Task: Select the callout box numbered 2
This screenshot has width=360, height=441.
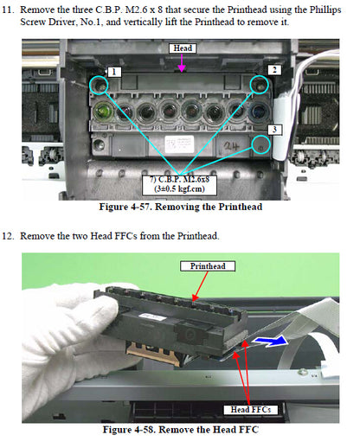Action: coord(273,69)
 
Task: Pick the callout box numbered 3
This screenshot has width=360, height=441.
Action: coord(273,130)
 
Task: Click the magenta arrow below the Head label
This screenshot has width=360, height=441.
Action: coord(182,64)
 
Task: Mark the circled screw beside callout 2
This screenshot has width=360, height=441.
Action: coord(258,84)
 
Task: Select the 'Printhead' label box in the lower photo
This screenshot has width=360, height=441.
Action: coord(204,266)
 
